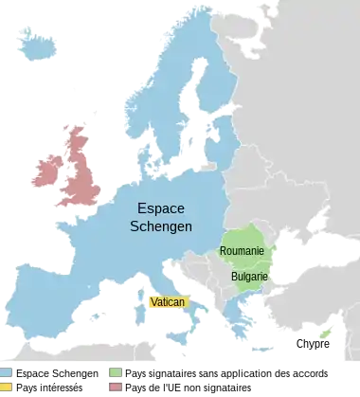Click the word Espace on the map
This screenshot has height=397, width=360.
(x=161, y=208)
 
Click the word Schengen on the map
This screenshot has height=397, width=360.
(x=161, y=227)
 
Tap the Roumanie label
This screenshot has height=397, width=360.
(x=242, y=251)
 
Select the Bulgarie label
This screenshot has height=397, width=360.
(x=249, y=277)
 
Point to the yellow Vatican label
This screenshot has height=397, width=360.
(x=169, y=302)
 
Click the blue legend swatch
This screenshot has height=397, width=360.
(x=6, y=372)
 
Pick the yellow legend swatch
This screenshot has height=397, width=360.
(x=6, y=387)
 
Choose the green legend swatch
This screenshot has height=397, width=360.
(x=115, y=372)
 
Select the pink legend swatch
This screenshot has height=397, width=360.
(x=115, y=387)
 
